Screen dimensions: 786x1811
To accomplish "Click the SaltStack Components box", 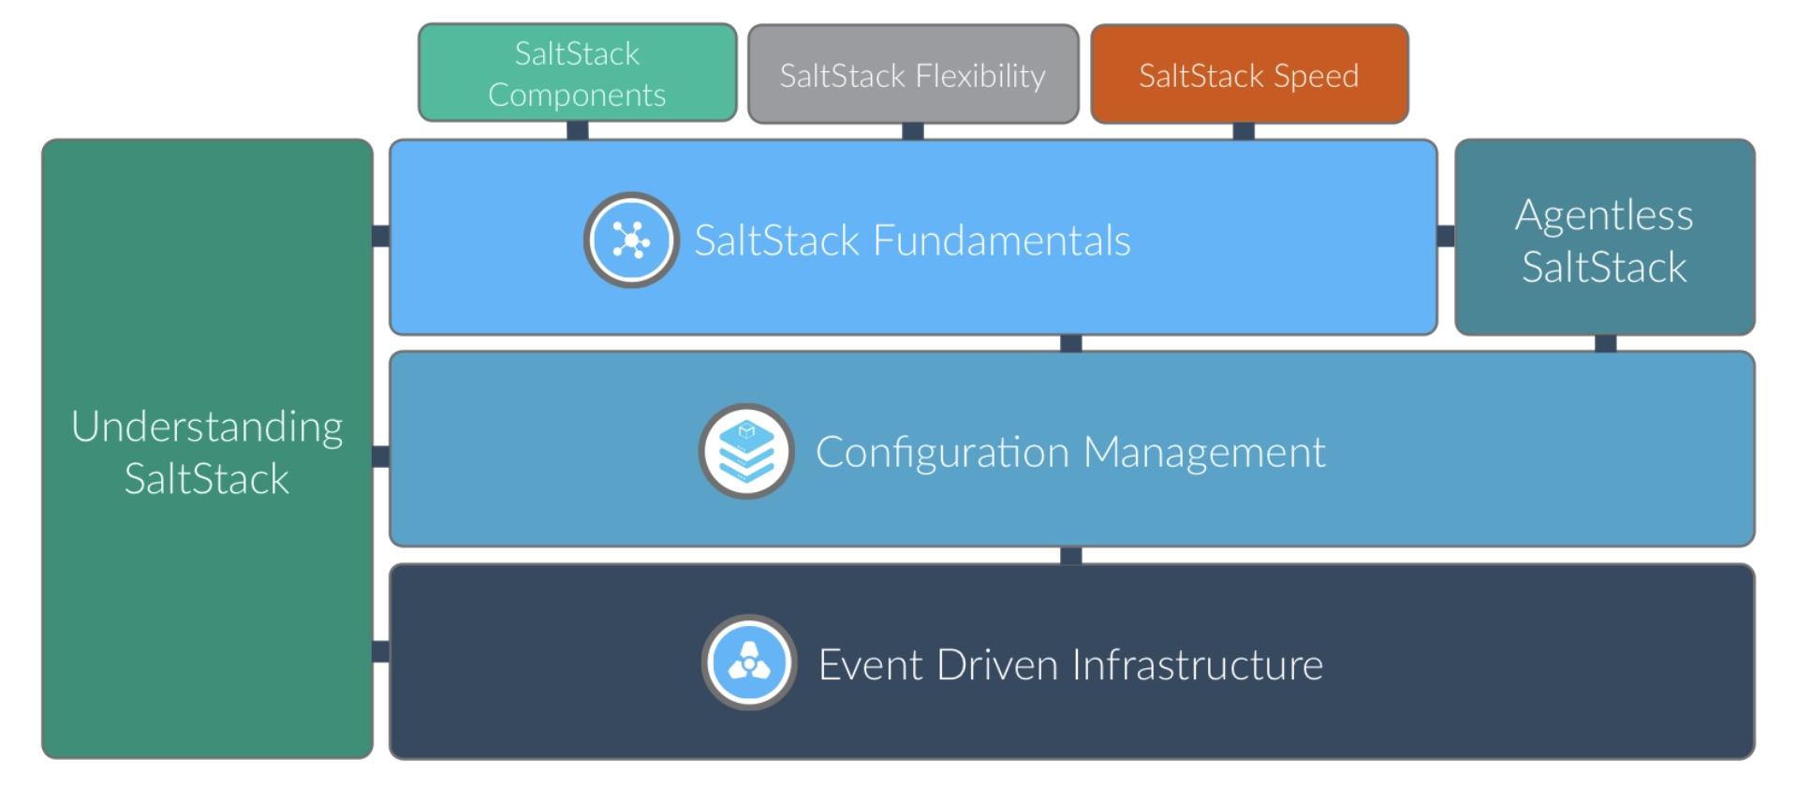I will tap(577, 73).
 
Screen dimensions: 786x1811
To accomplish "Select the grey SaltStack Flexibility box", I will tap(913, 75).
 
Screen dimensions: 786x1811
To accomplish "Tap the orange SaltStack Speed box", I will tap(1249, 75).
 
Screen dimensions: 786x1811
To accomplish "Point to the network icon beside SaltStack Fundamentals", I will tap(631, 240).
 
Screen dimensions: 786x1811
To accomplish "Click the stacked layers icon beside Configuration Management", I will tap(746, 451).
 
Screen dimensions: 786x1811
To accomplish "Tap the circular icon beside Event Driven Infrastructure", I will tap(749, 662).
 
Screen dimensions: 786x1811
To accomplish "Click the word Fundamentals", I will tap(1001, 240).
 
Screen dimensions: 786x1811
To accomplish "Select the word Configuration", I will tap(942, 452).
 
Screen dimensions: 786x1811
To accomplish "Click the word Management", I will tap(1204, 452).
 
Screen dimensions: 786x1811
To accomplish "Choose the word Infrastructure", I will tap(1197, 664).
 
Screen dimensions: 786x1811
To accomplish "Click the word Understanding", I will tap(207, 428).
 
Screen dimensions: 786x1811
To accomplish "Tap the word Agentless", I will tap(1604, 215).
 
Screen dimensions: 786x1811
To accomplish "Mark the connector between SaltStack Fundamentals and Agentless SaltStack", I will tap(1446, 236).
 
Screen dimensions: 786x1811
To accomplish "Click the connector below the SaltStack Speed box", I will tap(1244, 131).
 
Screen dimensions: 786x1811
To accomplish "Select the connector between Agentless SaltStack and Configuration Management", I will tap(1605, 343).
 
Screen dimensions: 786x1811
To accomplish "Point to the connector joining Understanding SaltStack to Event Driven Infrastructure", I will tap(381, 651).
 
